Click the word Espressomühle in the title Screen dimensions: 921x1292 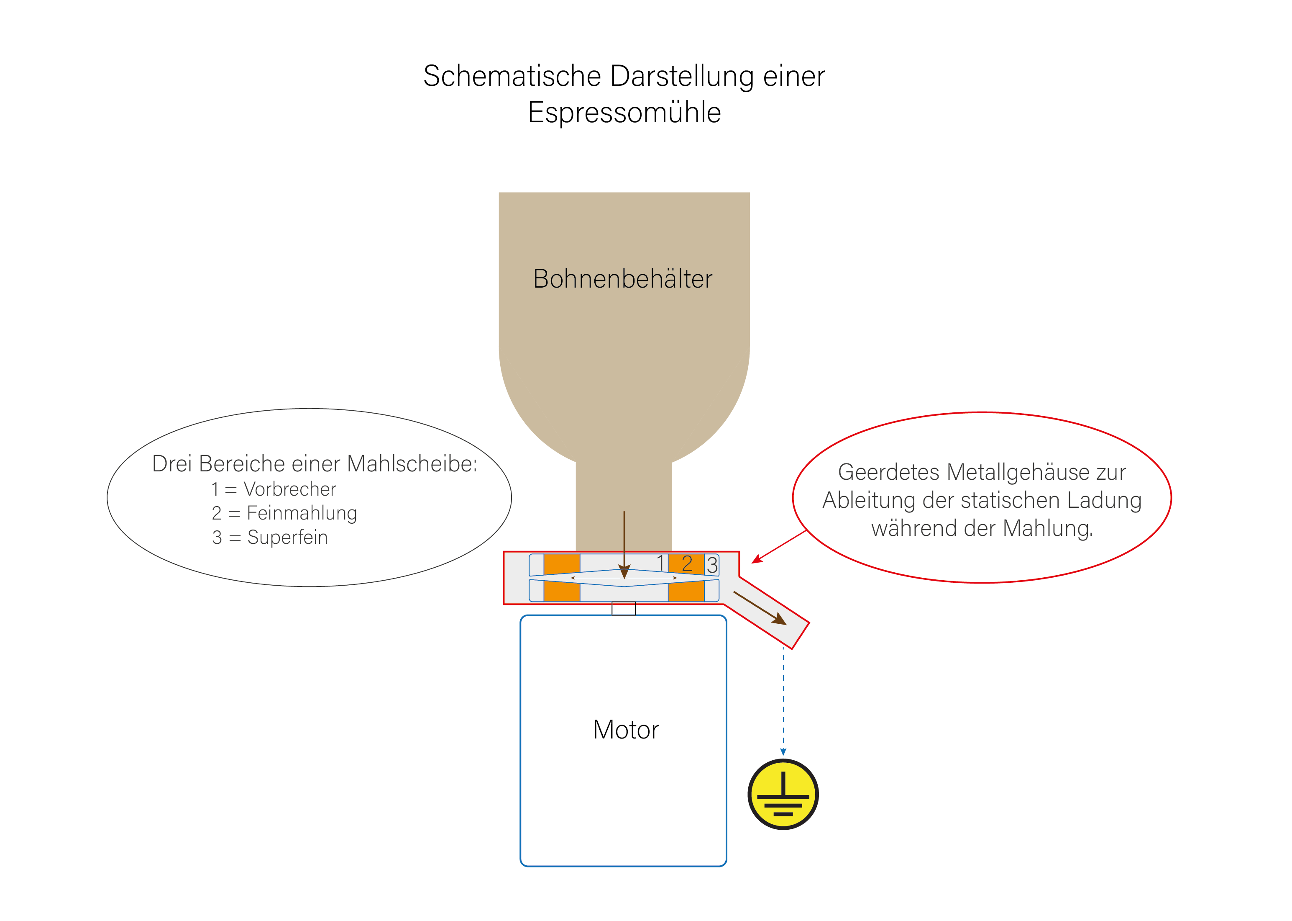[x=624, y=112]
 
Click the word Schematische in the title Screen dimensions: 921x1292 [x=512, y=76]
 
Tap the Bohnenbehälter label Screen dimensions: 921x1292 [x=623, y=279]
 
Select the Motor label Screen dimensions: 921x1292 [x=626, y=730]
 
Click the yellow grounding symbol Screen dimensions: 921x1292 [x=783, y=794]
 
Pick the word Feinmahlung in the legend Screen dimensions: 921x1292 [x=302, y=513]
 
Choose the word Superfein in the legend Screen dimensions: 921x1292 [x=287, y=537]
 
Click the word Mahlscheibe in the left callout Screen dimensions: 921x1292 [x=412, y=464]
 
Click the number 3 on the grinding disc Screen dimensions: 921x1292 [x=712, y=565]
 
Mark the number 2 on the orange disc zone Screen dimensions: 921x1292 [x=687, y=564]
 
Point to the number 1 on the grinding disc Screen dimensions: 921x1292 [x=661, y=563]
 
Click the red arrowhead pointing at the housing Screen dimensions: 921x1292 [x=757, y=559]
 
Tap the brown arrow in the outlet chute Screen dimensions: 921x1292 [x=760, y=608]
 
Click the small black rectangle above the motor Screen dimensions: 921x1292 [x=623, y=609]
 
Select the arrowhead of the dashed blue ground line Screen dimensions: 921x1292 [x=783, y=752]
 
